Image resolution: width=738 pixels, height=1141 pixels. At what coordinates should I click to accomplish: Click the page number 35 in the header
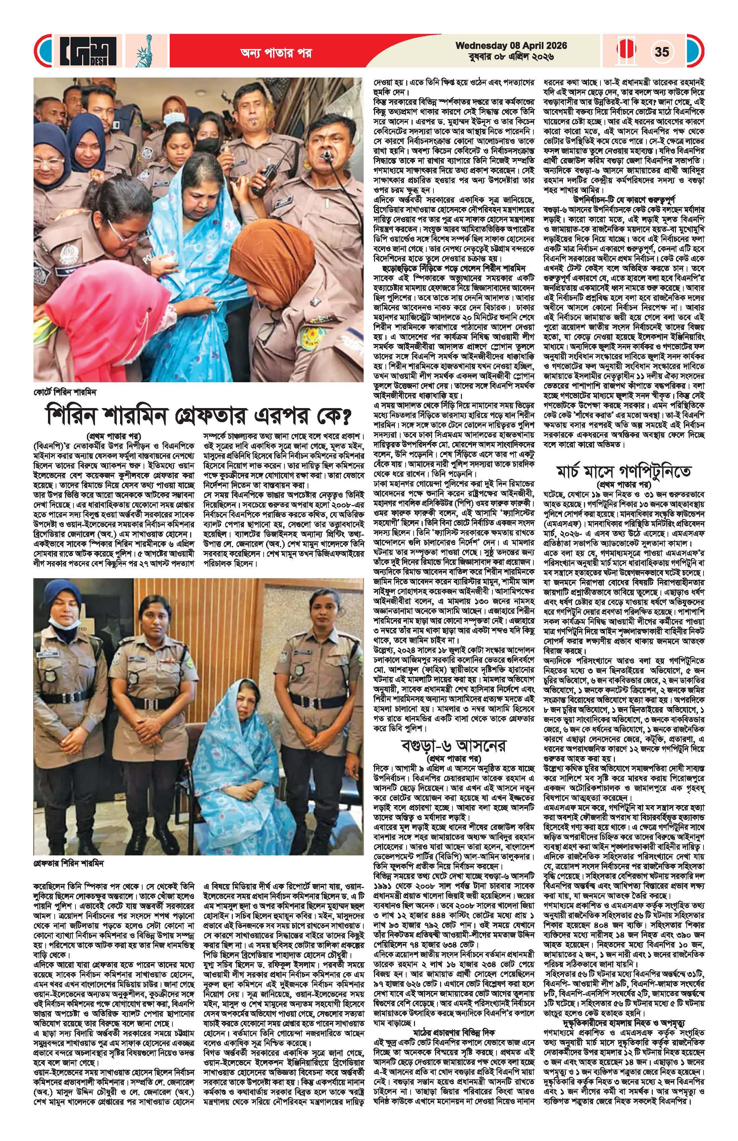tap(662, 51)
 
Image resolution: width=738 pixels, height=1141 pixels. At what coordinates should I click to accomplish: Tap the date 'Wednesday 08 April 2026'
tap(511, 46)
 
